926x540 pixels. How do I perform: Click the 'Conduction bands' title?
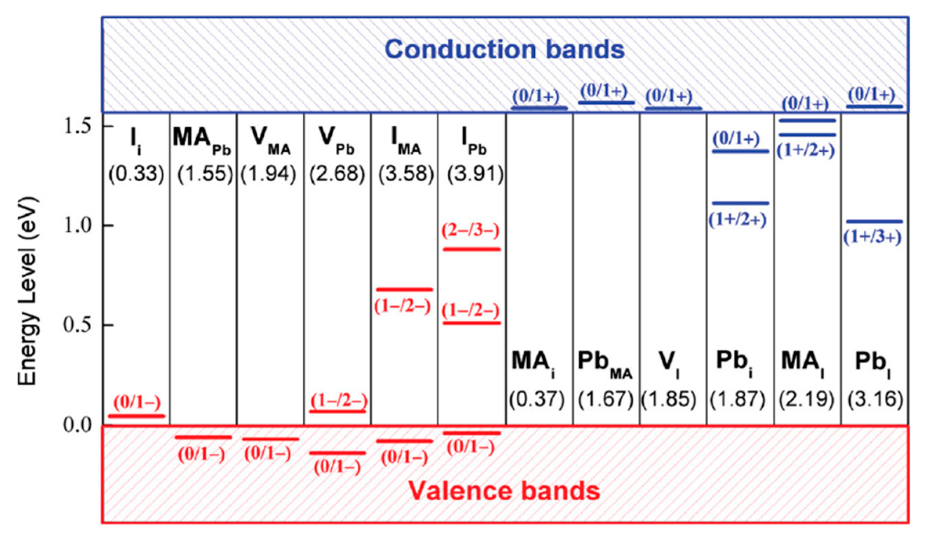(505, 50)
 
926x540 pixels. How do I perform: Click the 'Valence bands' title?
(505, 491)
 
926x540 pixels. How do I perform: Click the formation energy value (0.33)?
(136, 173)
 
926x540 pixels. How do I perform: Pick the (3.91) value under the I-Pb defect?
(475, 173)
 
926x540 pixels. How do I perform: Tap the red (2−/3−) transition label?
(470, 231)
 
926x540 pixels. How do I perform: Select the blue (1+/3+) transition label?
(872, 237)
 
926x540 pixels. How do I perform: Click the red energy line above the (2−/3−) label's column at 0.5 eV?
(472, 323)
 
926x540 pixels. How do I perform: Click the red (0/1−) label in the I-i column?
(137, 402)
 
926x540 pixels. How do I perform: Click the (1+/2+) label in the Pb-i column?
(738, 220)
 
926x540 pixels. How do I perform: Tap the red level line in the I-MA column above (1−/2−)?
(404, 290)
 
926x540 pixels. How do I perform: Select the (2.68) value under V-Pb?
(337, 173)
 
